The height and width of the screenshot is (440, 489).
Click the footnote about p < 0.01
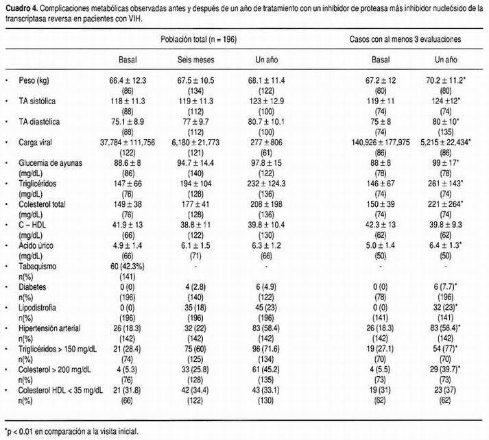pyautogui.click(x=72, y=431)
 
